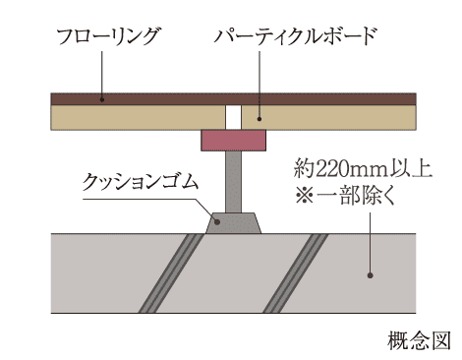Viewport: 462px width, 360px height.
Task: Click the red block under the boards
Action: (x=233, y=141)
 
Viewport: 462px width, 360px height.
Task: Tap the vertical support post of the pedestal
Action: (x=233, y=182)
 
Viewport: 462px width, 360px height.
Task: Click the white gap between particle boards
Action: (x=233, y=117)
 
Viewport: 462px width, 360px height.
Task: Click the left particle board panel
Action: (x=138, y=117)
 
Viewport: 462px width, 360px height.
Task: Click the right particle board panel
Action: (x=334, y=117)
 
